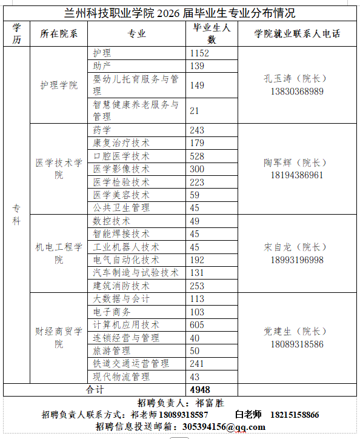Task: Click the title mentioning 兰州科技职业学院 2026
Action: tap(180, 13)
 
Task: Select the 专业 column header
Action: tap(137, 34)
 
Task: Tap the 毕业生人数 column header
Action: tap(212, 34)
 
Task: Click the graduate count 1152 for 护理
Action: tap(199, 54)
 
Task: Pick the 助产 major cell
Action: tap(102, 65)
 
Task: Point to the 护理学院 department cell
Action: tap(59, 85)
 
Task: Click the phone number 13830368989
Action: tap(297, 92)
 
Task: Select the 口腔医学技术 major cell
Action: tap(121, 156)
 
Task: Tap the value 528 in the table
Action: tap(198, 156)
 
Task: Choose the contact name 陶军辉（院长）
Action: tap(297, 163)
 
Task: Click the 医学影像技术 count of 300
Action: tap(198, 169)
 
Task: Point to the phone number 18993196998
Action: tap(297, 260)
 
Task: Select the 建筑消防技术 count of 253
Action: tap(198, 286)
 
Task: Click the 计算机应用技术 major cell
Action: tap(126, 324)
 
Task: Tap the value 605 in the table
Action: tap(198, 324)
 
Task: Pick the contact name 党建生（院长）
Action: tap(297, 332)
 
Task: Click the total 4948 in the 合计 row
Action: tap(200, 389)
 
